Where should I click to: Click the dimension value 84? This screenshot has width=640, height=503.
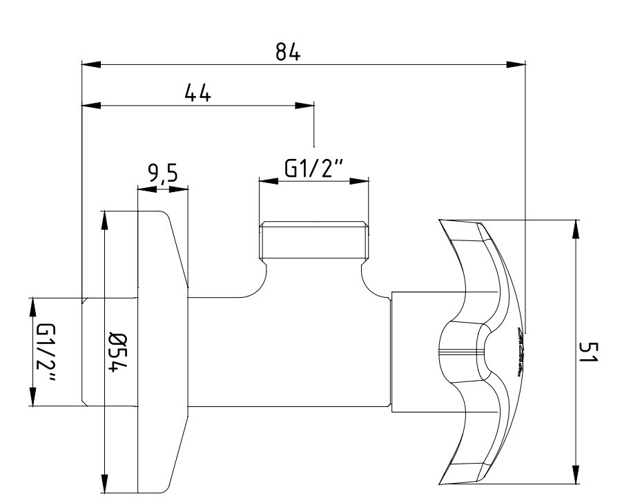[x=288, y=52]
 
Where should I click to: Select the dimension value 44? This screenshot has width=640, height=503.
[x=198, y=93]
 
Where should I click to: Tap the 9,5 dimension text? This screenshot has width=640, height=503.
[x=163, y=173]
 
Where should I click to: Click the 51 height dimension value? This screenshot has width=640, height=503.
[x=589, y=352]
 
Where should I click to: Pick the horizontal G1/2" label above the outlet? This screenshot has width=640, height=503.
[x=314, y=169]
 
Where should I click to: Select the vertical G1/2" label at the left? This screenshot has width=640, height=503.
[x=47, y=353]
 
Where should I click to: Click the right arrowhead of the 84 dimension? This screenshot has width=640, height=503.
[x=516, y=64]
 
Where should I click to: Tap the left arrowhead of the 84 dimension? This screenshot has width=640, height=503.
[x=91, y=64]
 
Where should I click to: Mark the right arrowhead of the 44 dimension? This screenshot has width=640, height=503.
[x=305, y=106]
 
